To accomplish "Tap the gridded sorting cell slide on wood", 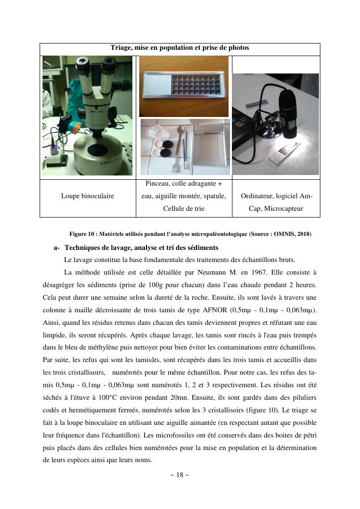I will [x=183, y=86].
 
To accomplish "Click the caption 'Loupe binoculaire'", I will [x=87, y=196].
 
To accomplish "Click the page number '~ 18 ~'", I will [x=180, y=475].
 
